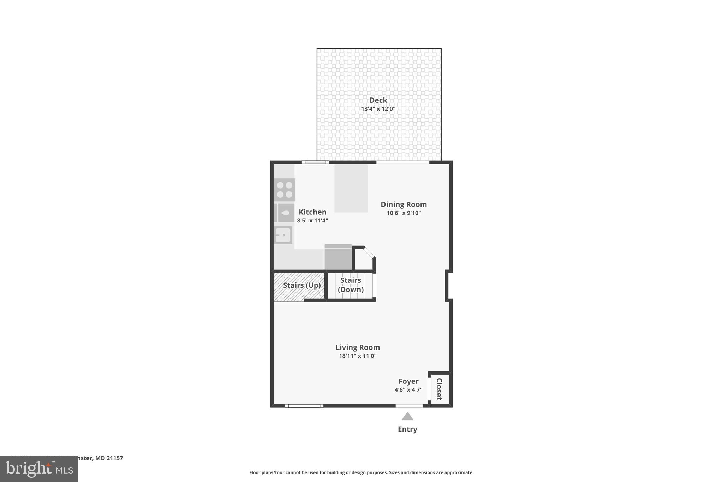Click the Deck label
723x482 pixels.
[378, 100]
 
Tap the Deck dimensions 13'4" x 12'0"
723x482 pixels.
[378, 109]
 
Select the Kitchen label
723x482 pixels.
[312, 212]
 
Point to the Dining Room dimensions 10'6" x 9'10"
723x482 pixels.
[404, 213]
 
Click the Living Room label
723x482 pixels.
[358, 347]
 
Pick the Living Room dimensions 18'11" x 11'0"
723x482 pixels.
[358, 356]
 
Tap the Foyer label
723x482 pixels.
[408, 381]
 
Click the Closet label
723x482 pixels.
[440, 389]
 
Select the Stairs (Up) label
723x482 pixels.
[302, 285]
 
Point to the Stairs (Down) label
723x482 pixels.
[351, 285]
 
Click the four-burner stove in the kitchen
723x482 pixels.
[285, 190]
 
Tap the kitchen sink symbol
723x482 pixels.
[283, 235]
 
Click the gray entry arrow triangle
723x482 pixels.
[407, 417]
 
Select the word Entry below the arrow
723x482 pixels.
[407, 429]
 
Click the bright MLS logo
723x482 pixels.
[39, 469]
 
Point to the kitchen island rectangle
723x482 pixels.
[351, 188]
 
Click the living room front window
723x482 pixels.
[304, 406]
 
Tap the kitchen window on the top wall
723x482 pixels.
[315, 162]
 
